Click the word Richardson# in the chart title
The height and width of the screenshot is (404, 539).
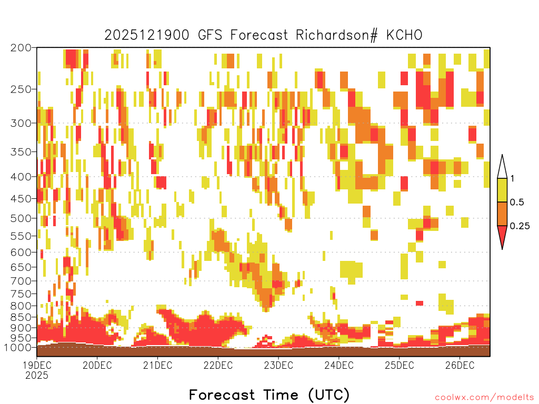336,35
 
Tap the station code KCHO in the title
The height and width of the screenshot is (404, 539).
404,35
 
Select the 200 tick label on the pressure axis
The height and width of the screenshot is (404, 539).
21,48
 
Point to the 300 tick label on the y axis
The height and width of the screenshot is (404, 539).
21,123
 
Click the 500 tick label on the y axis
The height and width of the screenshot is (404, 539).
21,218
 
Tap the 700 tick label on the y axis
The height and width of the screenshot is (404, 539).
21,281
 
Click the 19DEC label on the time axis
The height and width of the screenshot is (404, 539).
37,365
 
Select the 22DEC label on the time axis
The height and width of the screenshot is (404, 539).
218,365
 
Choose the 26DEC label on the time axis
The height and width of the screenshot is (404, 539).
460,365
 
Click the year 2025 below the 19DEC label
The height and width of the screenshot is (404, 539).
37,375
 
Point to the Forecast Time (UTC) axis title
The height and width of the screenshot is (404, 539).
269,395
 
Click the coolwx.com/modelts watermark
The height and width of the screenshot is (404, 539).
484,398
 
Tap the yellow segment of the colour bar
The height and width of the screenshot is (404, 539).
502,190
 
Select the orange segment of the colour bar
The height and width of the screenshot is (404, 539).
502,214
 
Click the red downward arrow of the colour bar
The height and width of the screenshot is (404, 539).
502,235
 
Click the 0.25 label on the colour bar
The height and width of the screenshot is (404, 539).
520,226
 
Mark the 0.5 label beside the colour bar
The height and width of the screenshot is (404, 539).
517,203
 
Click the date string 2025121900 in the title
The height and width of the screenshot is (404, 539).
147,35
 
